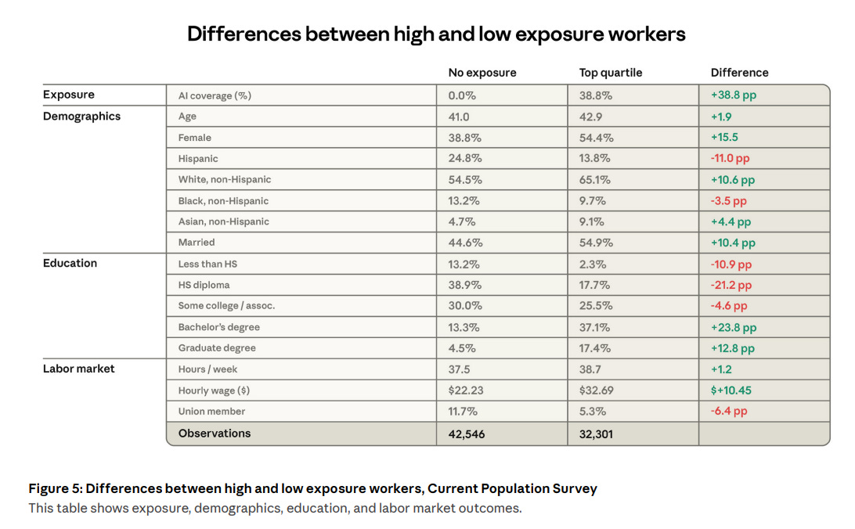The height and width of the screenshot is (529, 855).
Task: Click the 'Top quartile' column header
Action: pyautogui.click(x=610, y=73)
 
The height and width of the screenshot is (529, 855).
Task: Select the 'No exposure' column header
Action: pyautogui.click(x=482, y=73)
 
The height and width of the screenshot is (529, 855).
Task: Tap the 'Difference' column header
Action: pyautogui.click(x=739, y=73)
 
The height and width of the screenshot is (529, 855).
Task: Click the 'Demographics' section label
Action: pyautogui.click(x=81, y=116)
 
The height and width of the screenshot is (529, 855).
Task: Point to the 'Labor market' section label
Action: pyautogui.click(x=78, y=369)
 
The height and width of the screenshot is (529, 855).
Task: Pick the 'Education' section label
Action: pyautogui.click(x=70, y=263)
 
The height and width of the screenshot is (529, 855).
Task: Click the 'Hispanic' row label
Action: pyautogui.click(x=198, y=159)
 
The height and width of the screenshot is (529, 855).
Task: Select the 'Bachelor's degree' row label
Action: pyautogui.click(x=218, y=327)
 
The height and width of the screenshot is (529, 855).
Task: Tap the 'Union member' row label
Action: pyautogui.click(x=211, y=412)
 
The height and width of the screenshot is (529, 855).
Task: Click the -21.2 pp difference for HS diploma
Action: pyautogui.click(x=731, y=285)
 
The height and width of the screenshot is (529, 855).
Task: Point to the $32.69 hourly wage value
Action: pyautogui.click(x=596, y=390)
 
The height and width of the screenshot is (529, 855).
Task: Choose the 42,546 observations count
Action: pyautogui.click(x=466, y=434)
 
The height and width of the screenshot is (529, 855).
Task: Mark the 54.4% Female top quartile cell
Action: pyautogui.click(x=596, y=138)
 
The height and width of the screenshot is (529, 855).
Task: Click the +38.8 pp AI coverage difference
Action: pyautogui.click(x=734, y=95)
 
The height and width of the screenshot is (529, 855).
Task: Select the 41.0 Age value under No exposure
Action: pyautogui.click(x=459, y=117)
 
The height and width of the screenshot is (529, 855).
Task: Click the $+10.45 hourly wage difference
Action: pyautogui.click(x=731, y=390)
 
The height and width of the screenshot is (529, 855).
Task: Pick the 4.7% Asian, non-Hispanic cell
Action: pyautogui.click(x=462, y=221)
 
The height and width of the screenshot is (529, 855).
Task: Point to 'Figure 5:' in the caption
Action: pyautogui.click(x=55, y=488)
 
